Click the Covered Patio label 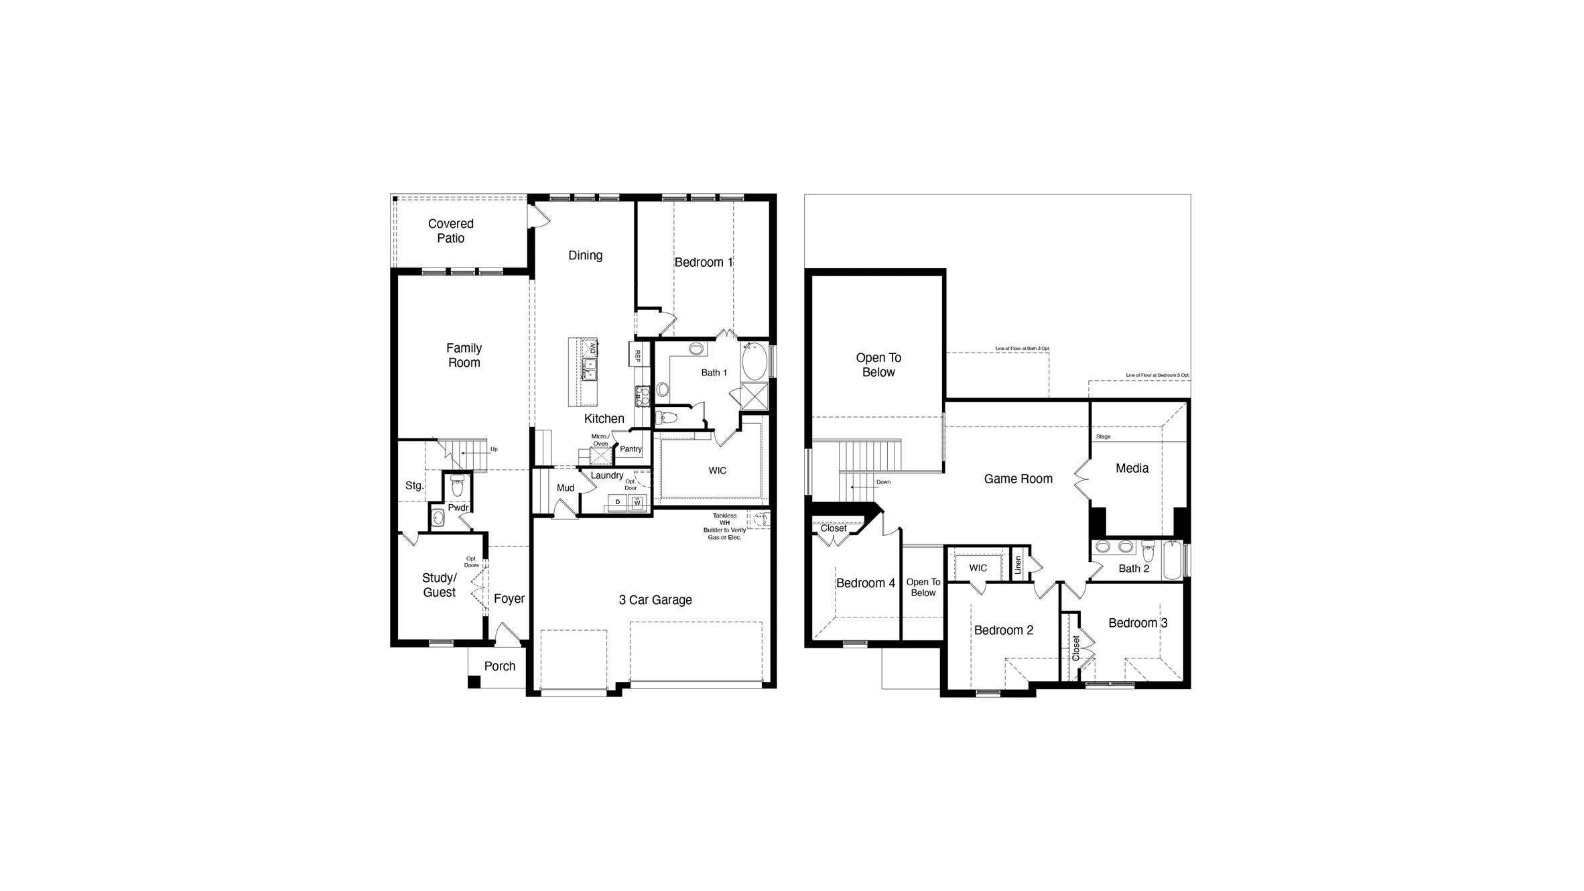(450, 231)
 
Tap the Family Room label (464, 355)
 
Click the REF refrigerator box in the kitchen (637, 355)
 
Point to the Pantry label (631, 449)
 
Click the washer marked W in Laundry (637, 502)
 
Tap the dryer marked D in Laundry (617, 502)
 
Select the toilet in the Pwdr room (457, 483)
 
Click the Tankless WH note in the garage (724, 526)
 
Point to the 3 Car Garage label (655, 600)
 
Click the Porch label (500, 666)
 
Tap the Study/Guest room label (439, 585)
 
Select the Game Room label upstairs (1018, 479)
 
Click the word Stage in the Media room (1103, 436)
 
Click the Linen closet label (1018, 565)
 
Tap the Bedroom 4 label (865, 583)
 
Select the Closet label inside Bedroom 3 (1075, 648)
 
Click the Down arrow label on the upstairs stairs (883, 482)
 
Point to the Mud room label (565, 488)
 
